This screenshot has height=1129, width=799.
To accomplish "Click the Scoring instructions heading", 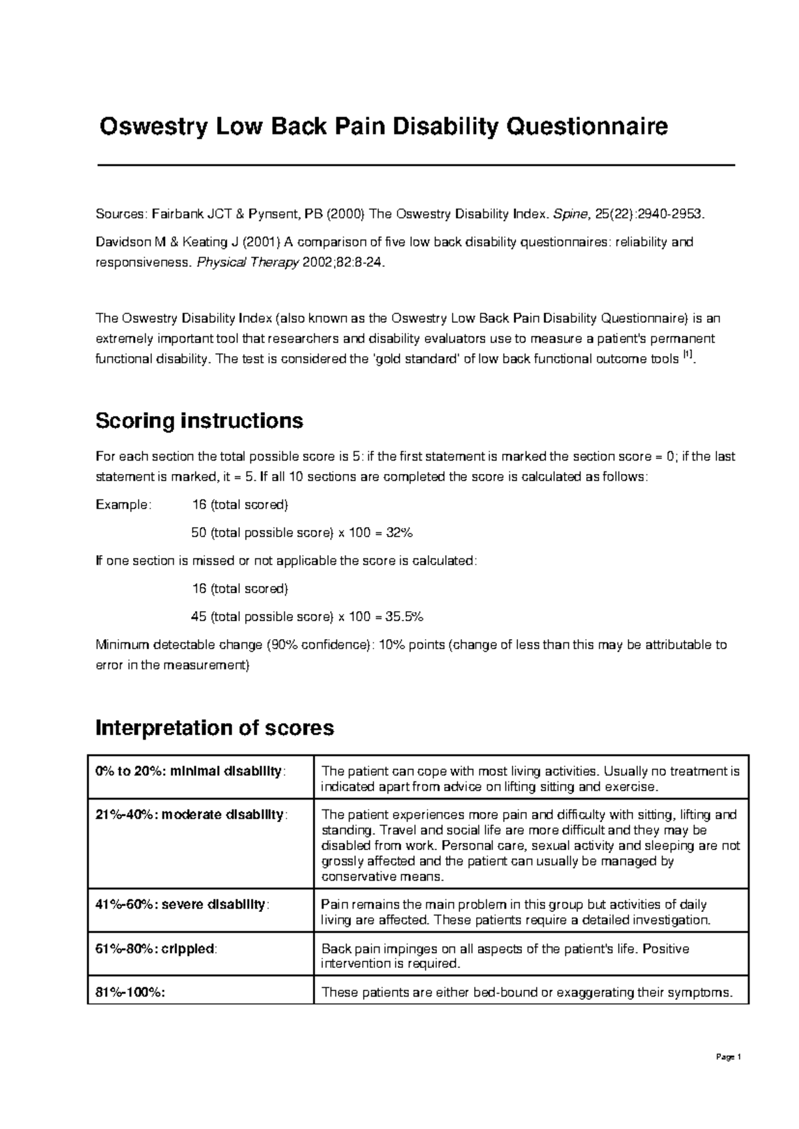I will [199, 421].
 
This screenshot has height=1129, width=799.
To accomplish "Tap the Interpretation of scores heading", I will [214, 728].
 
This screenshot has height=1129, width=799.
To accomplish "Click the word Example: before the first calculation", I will [124, 505].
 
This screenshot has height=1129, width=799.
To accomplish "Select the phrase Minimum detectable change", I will [179, 644].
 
